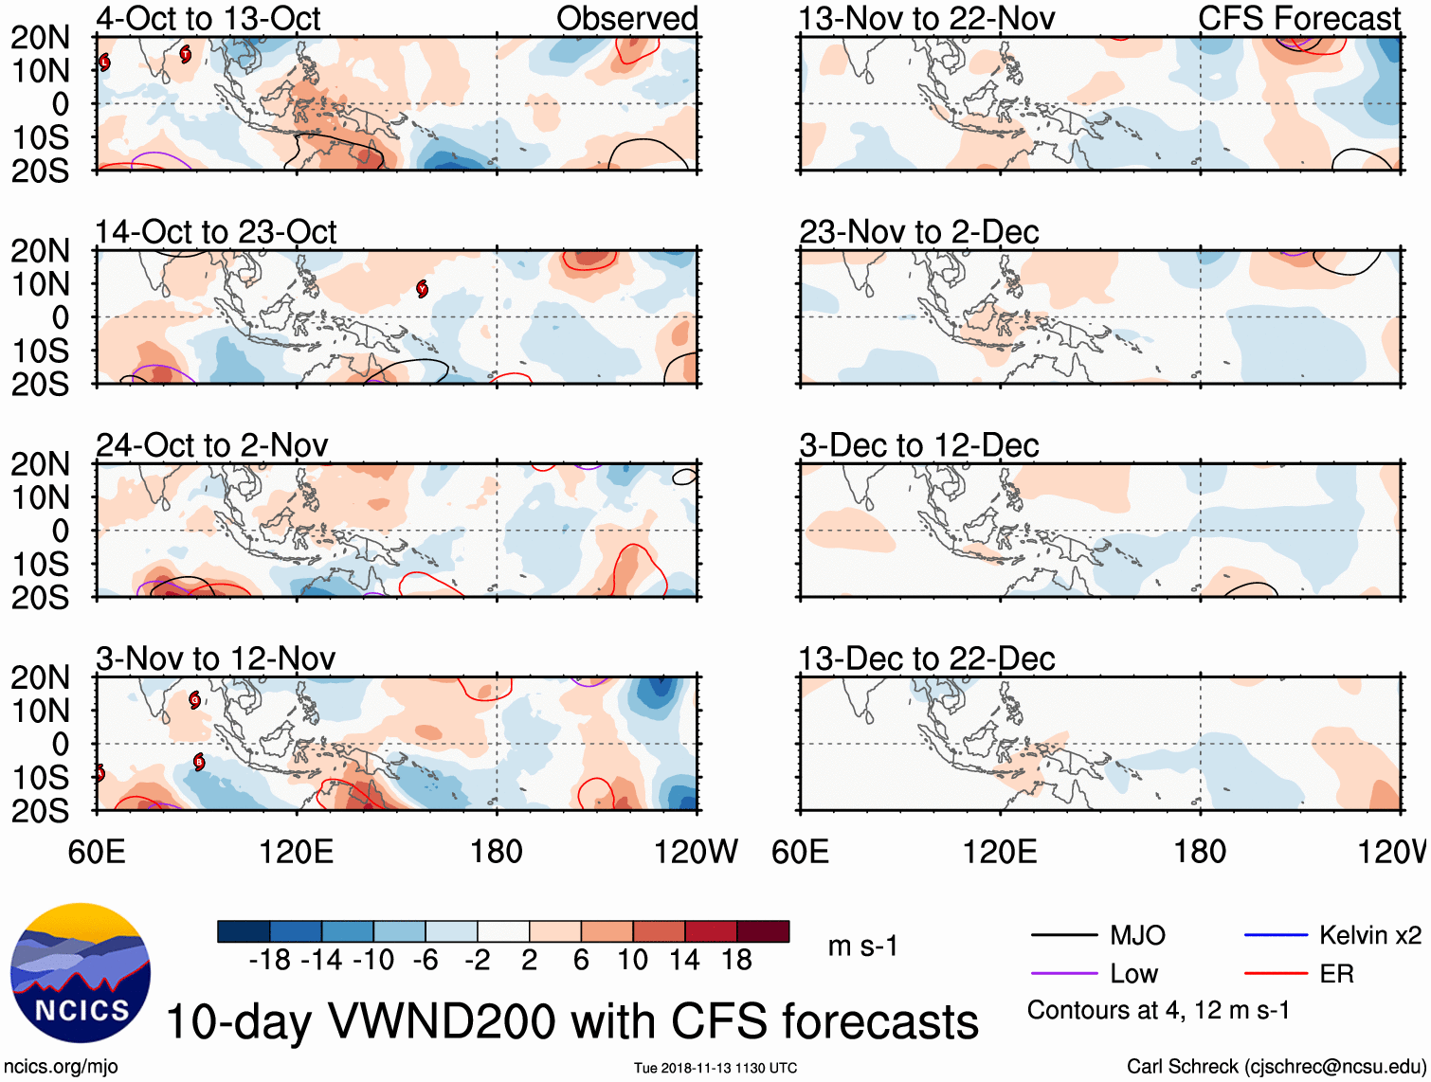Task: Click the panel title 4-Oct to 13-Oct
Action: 208,18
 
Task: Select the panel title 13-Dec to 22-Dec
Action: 926,658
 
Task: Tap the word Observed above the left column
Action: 626,18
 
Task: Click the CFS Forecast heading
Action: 1298,18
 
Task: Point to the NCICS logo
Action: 81,973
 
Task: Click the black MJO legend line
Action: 1063,936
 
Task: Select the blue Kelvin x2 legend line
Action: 1276,936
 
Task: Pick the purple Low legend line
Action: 1063,974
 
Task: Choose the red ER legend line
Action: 1276,974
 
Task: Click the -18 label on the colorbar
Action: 270,961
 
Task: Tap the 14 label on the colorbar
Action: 684,961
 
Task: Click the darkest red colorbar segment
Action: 763,931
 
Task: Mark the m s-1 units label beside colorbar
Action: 862,946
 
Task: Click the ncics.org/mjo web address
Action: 61,1067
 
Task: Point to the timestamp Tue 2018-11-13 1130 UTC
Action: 715,1068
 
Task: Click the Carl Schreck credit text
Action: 1276,1067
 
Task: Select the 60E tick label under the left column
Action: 97,852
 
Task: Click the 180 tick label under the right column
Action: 1200,852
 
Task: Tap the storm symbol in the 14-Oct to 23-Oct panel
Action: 422,289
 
